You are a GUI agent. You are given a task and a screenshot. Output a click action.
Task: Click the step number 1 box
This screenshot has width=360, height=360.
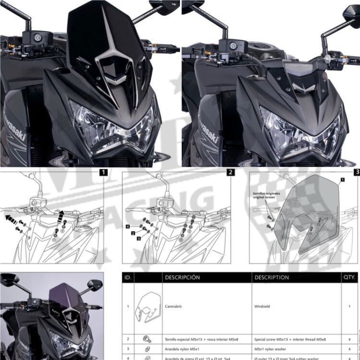point(104,171)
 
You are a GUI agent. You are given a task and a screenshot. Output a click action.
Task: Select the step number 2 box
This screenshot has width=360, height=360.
point(230,171)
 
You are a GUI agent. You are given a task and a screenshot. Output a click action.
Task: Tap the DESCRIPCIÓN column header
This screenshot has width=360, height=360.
point(182,277)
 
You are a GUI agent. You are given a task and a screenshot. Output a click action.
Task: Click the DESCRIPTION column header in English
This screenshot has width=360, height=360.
point(272,277)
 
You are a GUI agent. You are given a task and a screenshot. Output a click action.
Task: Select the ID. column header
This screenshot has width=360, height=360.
point(128,277)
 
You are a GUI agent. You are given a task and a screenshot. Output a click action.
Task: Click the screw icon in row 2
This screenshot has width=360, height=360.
point(147,339)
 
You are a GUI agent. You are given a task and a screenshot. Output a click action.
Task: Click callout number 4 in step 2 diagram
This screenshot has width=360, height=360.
point(128,225)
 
